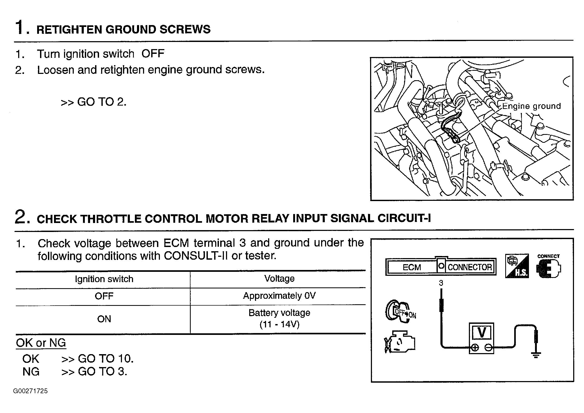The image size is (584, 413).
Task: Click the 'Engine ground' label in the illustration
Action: tap(531, 106)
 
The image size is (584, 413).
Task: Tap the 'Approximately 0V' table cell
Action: tap(279, 296)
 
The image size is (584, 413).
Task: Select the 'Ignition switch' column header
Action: tap(104, 279)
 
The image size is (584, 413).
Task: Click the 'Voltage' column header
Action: tap(279, 278)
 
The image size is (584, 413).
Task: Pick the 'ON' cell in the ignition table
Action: tap(104, 319)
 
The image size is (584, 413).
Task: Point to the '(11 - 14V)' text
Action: tap(279, 324)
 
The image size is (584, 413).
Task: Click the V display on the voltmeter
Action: tap(482, 333)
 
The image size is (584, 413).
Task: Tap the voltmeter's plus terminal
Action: tap(475, 348)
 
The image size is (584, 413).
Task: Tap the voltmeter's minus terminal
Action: tap(488, 348)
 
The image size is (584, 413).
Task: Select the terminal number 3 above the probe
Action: tap(441, 283)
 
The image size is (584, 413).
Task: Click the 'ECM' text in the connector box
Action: tap(412, 267)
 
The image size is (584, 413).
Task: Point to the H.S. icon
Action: tap(517, 266)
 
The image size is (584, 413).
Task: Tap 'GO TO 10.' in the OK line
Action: tap(106, 358)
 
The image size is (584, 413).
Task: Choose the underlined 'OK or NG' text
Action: tap(41, 343)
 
